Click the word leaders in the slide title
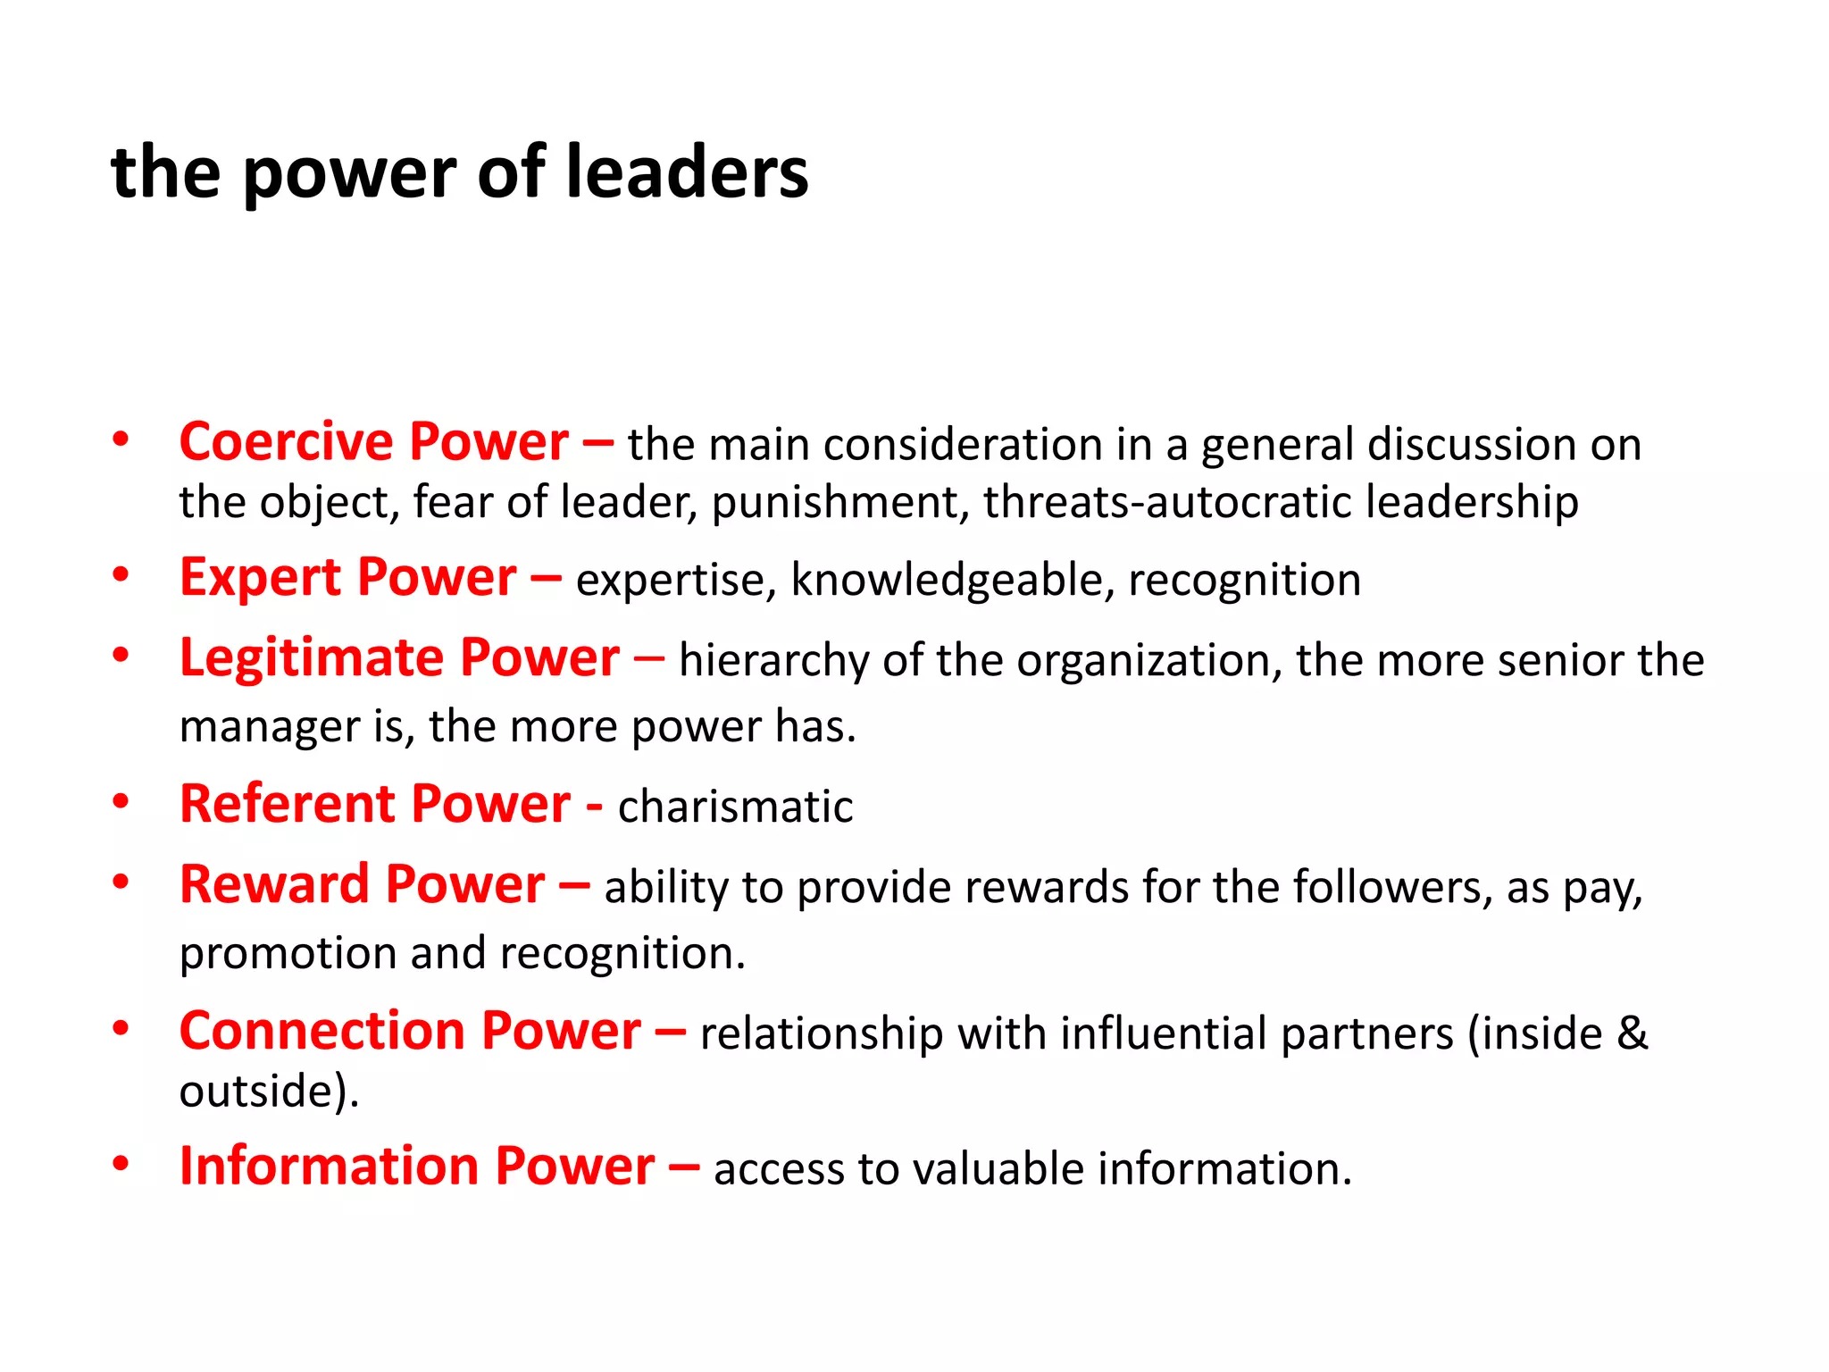[x=687, y=172]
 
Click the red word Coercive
[x=286, y=442]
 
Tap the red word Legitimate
[x=312, y=659]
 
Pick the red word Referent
[x=288, y=804]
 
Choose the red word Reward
[x=275, y=885]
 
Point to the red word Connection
[x=322, y=1031]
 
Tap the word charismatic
[x=735, y=807]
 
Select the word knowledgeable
[x=952, y=581]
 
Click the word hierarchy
[x=773, y=662]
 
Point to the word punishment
[x=840, y=502]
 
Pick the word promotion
[x=288, y=954]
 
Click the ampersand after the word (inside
[x=1633, y=1033]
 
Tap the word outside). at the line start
[x=269, y=1091]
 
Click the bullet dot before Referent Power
[x=121, y=801]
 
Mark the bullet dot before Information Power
[x=121, y=1164]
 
